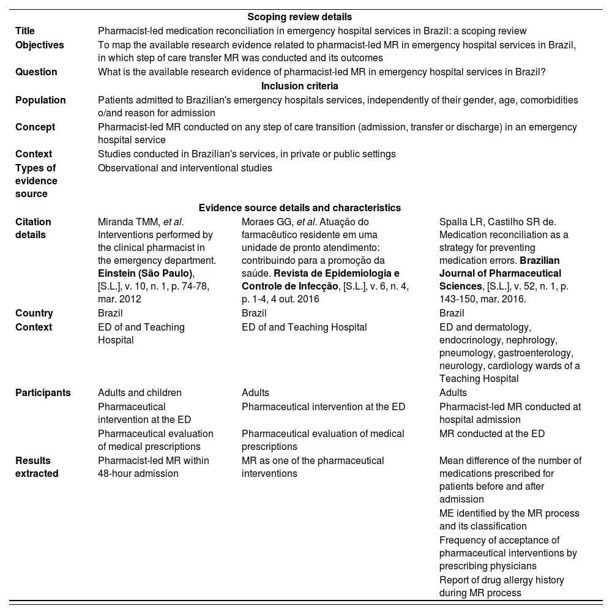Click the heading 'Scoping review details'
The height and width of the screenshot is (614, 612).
tap(299, 17)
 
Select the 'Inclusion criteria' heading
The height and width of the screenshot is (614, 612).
tap(300, 86)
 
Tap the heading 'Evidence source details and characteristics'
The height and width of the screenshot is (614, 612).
tap(300, 208)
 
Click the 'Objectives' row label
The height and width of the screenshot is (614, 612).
tap(39, 45)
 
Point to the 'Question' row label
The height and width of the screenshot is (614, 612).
tap(36, 72)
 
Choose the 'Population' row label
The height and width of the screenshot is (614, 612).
tap(40, 100)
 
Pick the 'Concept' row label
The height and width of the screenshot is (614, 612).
tap(35, 127)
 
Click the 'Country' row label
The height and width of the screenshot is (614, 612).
tap(34, 313)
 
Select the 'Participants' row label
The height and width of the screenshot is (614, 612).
tap(43, 392)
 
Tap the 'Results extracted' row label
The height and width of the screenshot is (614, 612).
tap(37, 466)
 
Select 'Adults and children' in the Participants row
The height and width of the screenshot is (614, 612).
tap(140, 392)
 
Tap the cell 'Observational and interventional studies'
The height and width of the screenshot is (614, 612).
tap(185, 168)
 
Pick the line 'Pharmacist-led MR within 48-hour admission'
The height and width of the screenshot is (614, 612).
tap(153, 466)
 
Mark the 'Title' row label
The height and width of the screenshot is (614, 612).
tap(25, 31)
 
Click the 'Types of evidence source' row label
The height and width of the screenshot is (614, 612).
tap(36, 181)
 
